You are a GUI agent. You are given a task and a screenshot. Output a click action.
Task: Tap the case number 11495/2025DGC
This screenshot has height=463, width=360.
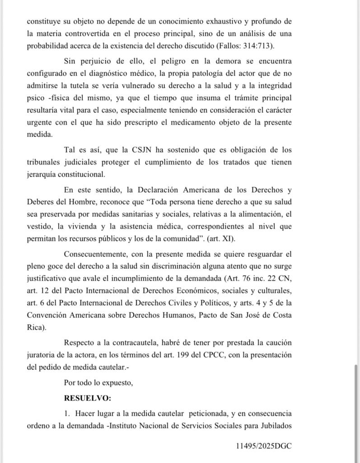pos(263,445)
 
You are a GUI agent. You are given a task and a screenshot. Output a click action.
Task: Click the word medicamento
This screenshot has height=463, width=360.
pos(225,123)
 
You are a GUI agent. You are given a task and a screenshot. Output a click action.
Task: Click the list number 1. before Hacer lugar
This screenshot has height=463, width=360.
pos(67,413)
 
